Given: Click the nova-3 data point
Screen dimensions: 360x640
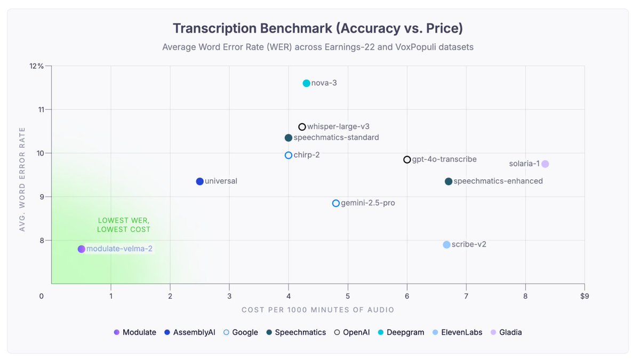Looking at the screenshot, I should [x=306, y=83].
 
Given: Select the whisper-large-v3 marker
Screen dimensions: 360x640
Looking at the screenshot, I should [x=302, y=127].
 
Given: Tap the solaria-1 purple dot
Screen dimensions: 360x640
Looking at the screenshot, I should [x=545, y=164].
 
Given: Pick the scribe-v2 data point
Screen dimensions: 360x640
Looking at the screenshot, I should [x=446, y=245].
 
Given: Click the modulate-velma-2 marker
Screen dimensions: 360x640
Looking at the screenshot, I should [x=81, y=249].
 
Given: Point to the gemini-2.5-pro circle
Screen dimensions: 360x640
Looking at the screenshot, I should [x=336, y=203].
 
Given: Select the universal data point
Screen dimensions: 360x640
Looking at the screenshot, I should [x=199, y=181].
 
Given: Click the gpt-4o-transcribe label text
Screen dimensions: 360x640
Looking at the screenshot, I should [x=444, y=159].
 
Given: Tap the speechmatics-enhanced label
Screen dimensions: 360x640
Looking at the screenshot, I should [x=498, y=181].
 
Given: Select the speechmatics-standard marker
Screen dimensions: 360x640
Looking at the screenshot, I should [x=289, y=138].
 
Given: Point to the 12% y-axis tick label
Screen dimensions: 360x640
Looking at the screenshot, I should [x=37, y=66].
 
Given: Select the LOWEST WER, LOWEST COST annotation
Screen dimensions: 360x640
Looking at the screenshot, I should [x=124, y=225].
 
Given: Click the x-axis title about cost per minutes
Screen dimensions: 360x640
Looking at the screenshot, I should [x=318, y=310].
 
